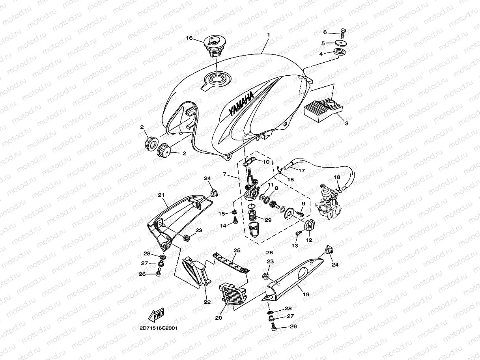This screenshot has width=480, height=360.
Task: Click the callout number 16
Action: pyautogui.click(x=189, y=38)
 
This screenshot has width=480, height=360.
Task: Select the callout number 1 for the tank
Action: pyautogui.click(x=268, y=35)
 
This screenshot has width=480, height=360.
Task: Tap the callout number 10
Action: pyautogui.click(x=266, y=162)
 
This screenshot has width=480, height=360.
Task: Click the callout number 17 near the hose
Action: pyautogui.click(x=302, y=171)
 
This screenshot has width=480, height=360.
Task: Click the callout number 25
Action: pyautogui.click(x=237, y=250)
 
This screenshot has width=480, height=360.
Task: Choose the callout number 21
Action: pyautogui.click(x=161, y=195)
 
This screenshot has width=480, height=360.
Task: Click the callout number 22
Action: pyautogui.click(x=207, y=302)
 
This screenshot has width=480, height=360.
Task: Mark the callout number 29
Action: pyautogui.click(x=268, y=219)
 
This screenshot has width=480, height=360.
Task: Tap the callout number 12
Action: pyautogui.click(x=309, y=240)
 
